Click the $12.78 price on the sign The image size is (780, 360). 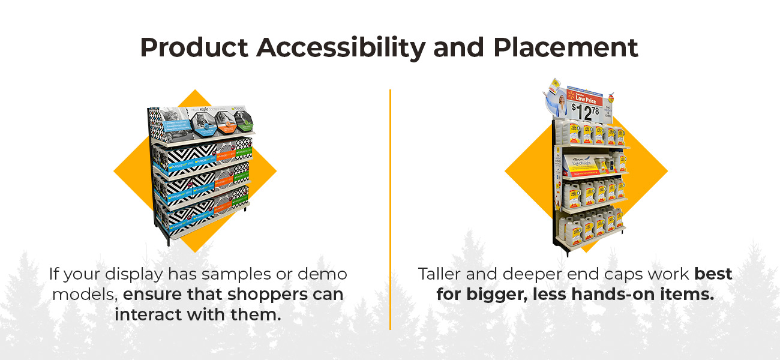584,112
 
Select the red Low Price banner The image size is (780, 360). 585,96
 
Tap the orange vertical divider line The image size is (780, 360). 390,209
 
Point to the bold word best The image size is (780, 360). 713,274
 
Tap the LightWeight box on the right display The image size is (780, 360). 584,164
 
